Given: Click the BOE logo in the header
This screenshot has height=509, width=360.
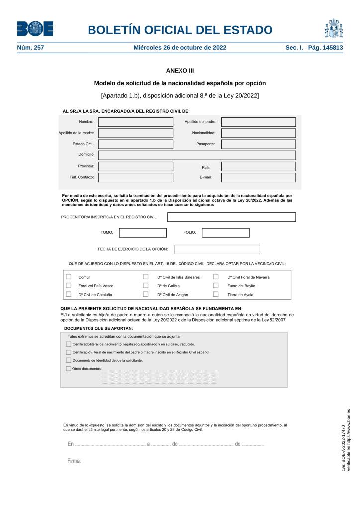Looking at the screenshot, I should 35,29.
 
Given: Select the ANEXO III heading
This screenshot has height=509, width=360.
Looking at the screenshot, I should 180,71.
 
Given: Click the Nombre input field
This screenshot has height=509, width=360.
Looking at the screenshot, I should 135,122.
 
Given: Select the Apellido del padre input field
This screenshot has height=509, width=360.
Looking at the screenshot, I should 258,122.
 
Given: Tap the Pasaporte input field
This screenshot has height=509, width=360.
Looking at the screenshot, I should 258,144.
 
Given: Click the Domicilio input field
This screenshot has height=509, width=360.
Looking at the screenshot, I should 197,155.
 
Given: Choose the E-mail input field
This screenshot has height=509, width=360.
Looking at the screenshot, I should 258,178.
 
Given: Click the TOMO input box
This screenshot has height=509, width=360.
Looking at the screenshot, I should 143,233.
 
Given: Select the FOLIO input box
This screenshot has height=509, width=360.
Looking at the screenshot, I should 225,233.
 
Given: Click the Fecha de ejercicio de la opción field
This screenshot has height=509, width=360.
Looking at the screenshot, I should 217,249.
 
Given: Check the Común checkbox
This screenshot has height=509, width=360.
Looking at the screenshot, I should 69,277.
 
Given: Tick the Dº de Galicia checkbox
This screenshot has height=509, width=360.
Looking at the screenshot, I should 146,286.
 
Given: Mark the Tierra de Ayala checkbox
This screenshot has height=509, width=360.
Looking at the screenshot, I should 216,294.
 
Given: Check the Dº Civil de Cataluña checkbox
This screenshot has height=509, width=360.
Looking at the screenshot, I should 69,294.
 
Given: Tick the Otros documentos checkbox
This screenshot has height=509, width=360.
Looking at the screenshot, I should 69,369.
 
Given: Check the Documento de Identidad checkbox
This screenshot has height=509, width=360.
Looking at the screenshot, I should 69,360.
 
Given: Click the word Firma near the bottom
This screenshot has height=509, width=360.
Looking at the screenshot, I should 74,461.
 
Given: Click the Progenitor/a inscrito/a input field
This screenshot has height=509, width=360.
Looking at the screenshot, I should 231,217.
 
